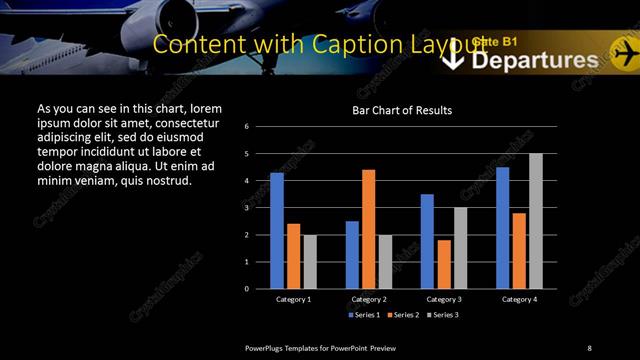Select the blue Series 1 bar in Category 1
click(x=277, y=231)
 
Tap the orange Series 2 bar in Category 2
click(x=368, y=229)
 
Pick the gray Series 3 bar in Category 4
click(x=535, y=221)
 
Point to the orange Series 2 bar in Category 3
click(x=443, y=264)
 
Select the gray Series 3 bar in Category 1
click(x=310, y=262)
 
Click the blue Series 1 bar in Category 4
click(x=502, y=228)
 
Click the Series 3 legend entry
click(x=445, y=314)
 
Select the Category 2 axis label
click(x=368, y=298)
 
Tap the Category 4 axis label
click(x=519, y=298)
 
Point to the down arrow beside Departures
click(x=454, y=59)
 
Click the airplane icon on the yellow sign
click(x=625, y=51)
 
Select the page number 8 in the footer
click(x=589, y=347)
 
